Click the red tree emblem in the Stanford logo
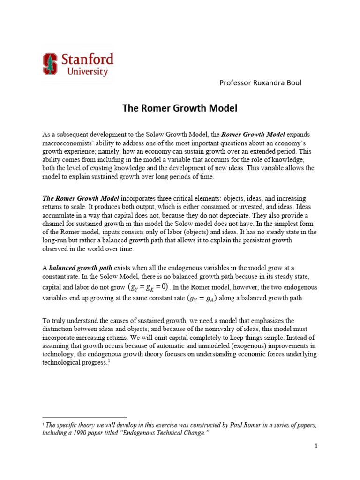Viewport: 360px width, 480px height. click(x=50, y=64)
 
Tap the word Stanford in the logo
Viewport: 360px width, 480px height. click(x=87, y=60)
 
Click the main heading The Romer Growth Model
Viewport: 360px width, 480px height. click(x=180, y=108)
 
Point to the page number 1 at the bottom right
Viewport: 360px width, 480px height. click(x=316, y=446)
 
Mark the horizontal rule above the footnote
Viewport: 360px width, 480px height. click(x=84, y=417)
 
